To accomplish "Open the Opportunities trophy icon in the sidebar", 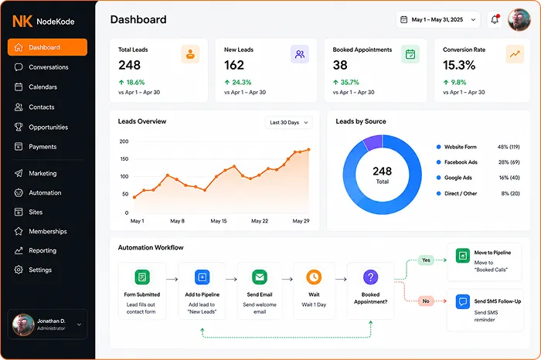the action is [19, 127].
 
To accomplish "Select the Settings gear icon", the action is [19, 270].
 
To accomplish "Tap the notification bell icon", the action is [495, 19].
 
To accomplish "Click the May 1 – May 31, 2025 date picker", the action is [438, 19].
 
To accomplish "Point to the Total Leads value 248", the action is [129, 65].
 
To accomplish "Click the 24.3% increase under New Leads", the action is [238, 82].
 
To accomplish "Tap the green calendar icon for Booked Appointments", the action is [410, 54].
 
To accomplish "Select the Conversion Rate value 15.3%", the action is [459, 65].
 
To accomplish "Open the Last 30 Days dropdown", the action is [289, 122].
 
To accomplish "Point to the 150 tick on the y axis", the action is [124, 159].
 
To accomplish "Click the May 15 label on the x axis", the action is [219, 221].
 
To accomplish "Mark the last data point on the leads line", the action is [308, 150].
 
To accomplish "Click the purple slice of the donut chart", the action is [373, 142].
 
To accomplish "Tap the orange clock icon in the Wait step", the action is [314, 277].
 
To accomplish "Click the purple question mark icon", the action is [370, 277].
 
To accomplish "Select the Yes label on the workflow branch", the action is [426, 260].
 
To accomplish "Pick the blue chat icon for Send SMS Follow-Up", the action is [463, 301].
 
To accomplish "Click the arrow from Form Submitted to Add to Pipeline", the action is [172, 280].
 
